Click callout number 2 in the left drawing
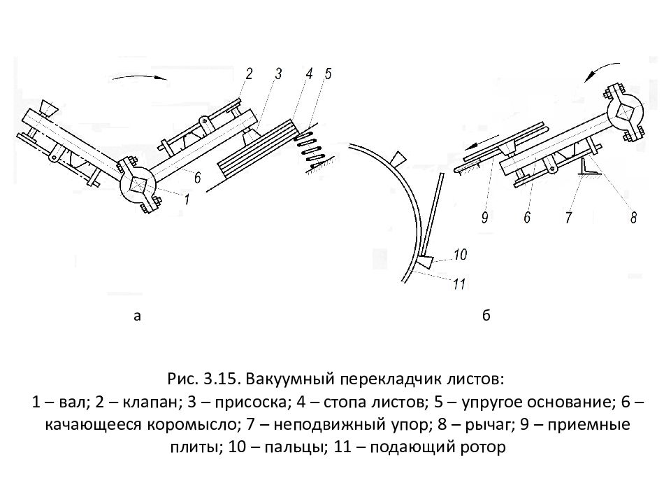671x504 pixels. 248,73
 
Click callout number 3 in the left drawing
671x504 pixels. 277,74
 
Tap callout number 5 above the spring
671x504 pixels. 329,73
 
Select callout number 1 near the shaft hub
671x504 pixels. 187,199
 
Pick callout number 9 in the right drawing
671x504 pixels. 484,218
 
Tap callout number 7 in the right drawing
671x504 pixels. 568,218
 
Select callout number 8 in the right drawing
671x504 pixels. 633,218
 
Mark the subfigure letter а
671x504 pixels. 138,316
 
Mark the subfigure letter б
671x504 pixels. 486,316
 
